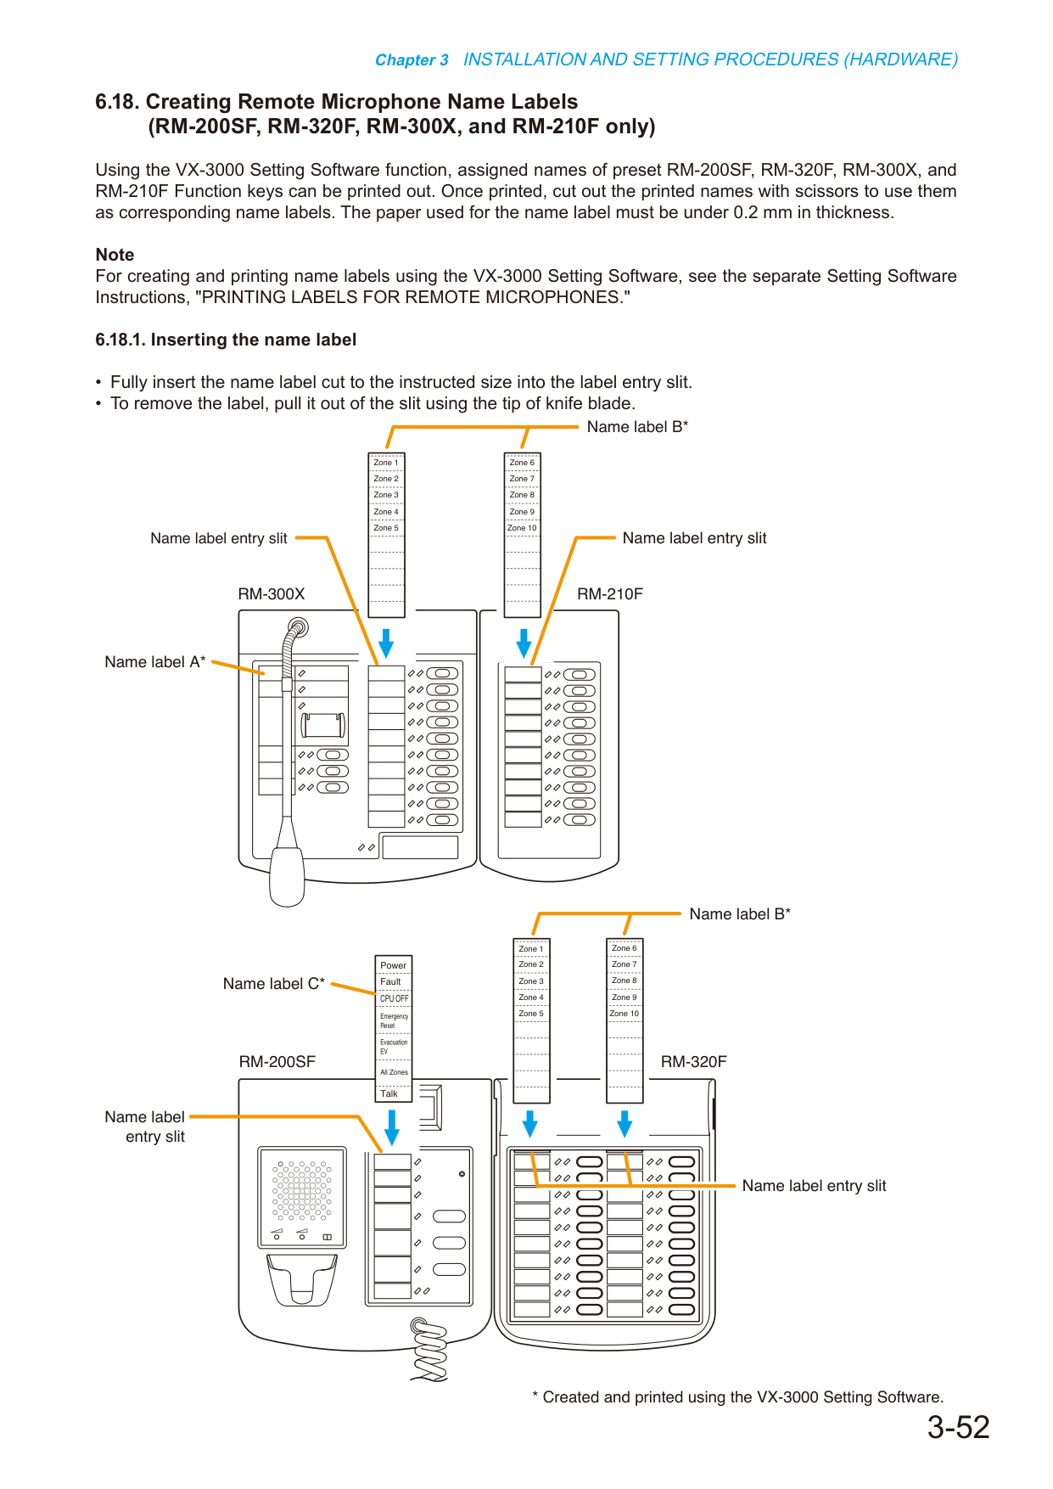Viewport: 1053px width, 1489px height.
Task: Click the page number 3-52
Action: (x=958, y=1428)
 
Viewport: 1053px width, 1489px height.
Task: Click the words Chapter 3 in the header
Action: (x=412, y=60)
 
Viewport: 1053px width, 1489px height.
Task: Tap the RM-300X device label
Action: (x=272, y=594)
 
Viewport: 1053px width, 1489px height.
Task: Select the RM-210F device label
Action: (x=610, y=594)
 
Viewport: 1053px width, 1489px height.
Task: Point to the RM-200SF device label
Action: (x=277, y=1062)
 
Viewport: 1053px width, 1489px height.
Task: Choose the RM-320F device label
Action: (x=694, y=1062)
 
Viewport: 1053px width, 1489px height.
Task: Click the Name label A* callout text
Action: (x=155, y=662)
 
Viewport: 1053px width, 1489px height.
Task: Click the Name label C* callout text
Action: (x=274, y=984)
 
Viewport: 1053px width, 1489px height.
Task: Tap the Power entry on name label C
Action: (x=394, y=965)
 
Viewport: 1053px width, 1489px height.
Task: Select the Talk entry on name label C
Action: (x=389, y=1093)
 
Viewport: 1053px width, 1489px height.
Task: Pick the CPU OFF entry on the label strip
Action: (x=394, y=998)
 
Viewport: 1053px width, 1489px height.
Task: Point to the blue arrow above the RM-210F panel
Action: (x=524, y=644)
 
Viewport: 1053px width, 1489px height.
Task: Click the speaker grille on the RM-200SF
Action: (x=302, y=1191)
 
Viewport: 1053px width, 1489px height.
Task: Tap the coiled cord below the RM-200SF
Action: (x=429, y=1349)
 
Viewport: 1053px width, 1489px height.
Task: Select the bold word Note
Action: (x=115, y=255)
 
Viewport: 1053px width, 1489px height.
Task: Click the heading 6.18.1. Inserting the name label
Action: (x=226, y=340)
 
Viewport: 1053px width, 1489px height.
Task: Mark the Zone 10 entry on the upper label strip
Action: (x=523, y=528)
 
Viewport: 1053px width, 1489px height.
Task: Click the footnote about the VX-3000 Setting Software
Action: (x=737, y=1397)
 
